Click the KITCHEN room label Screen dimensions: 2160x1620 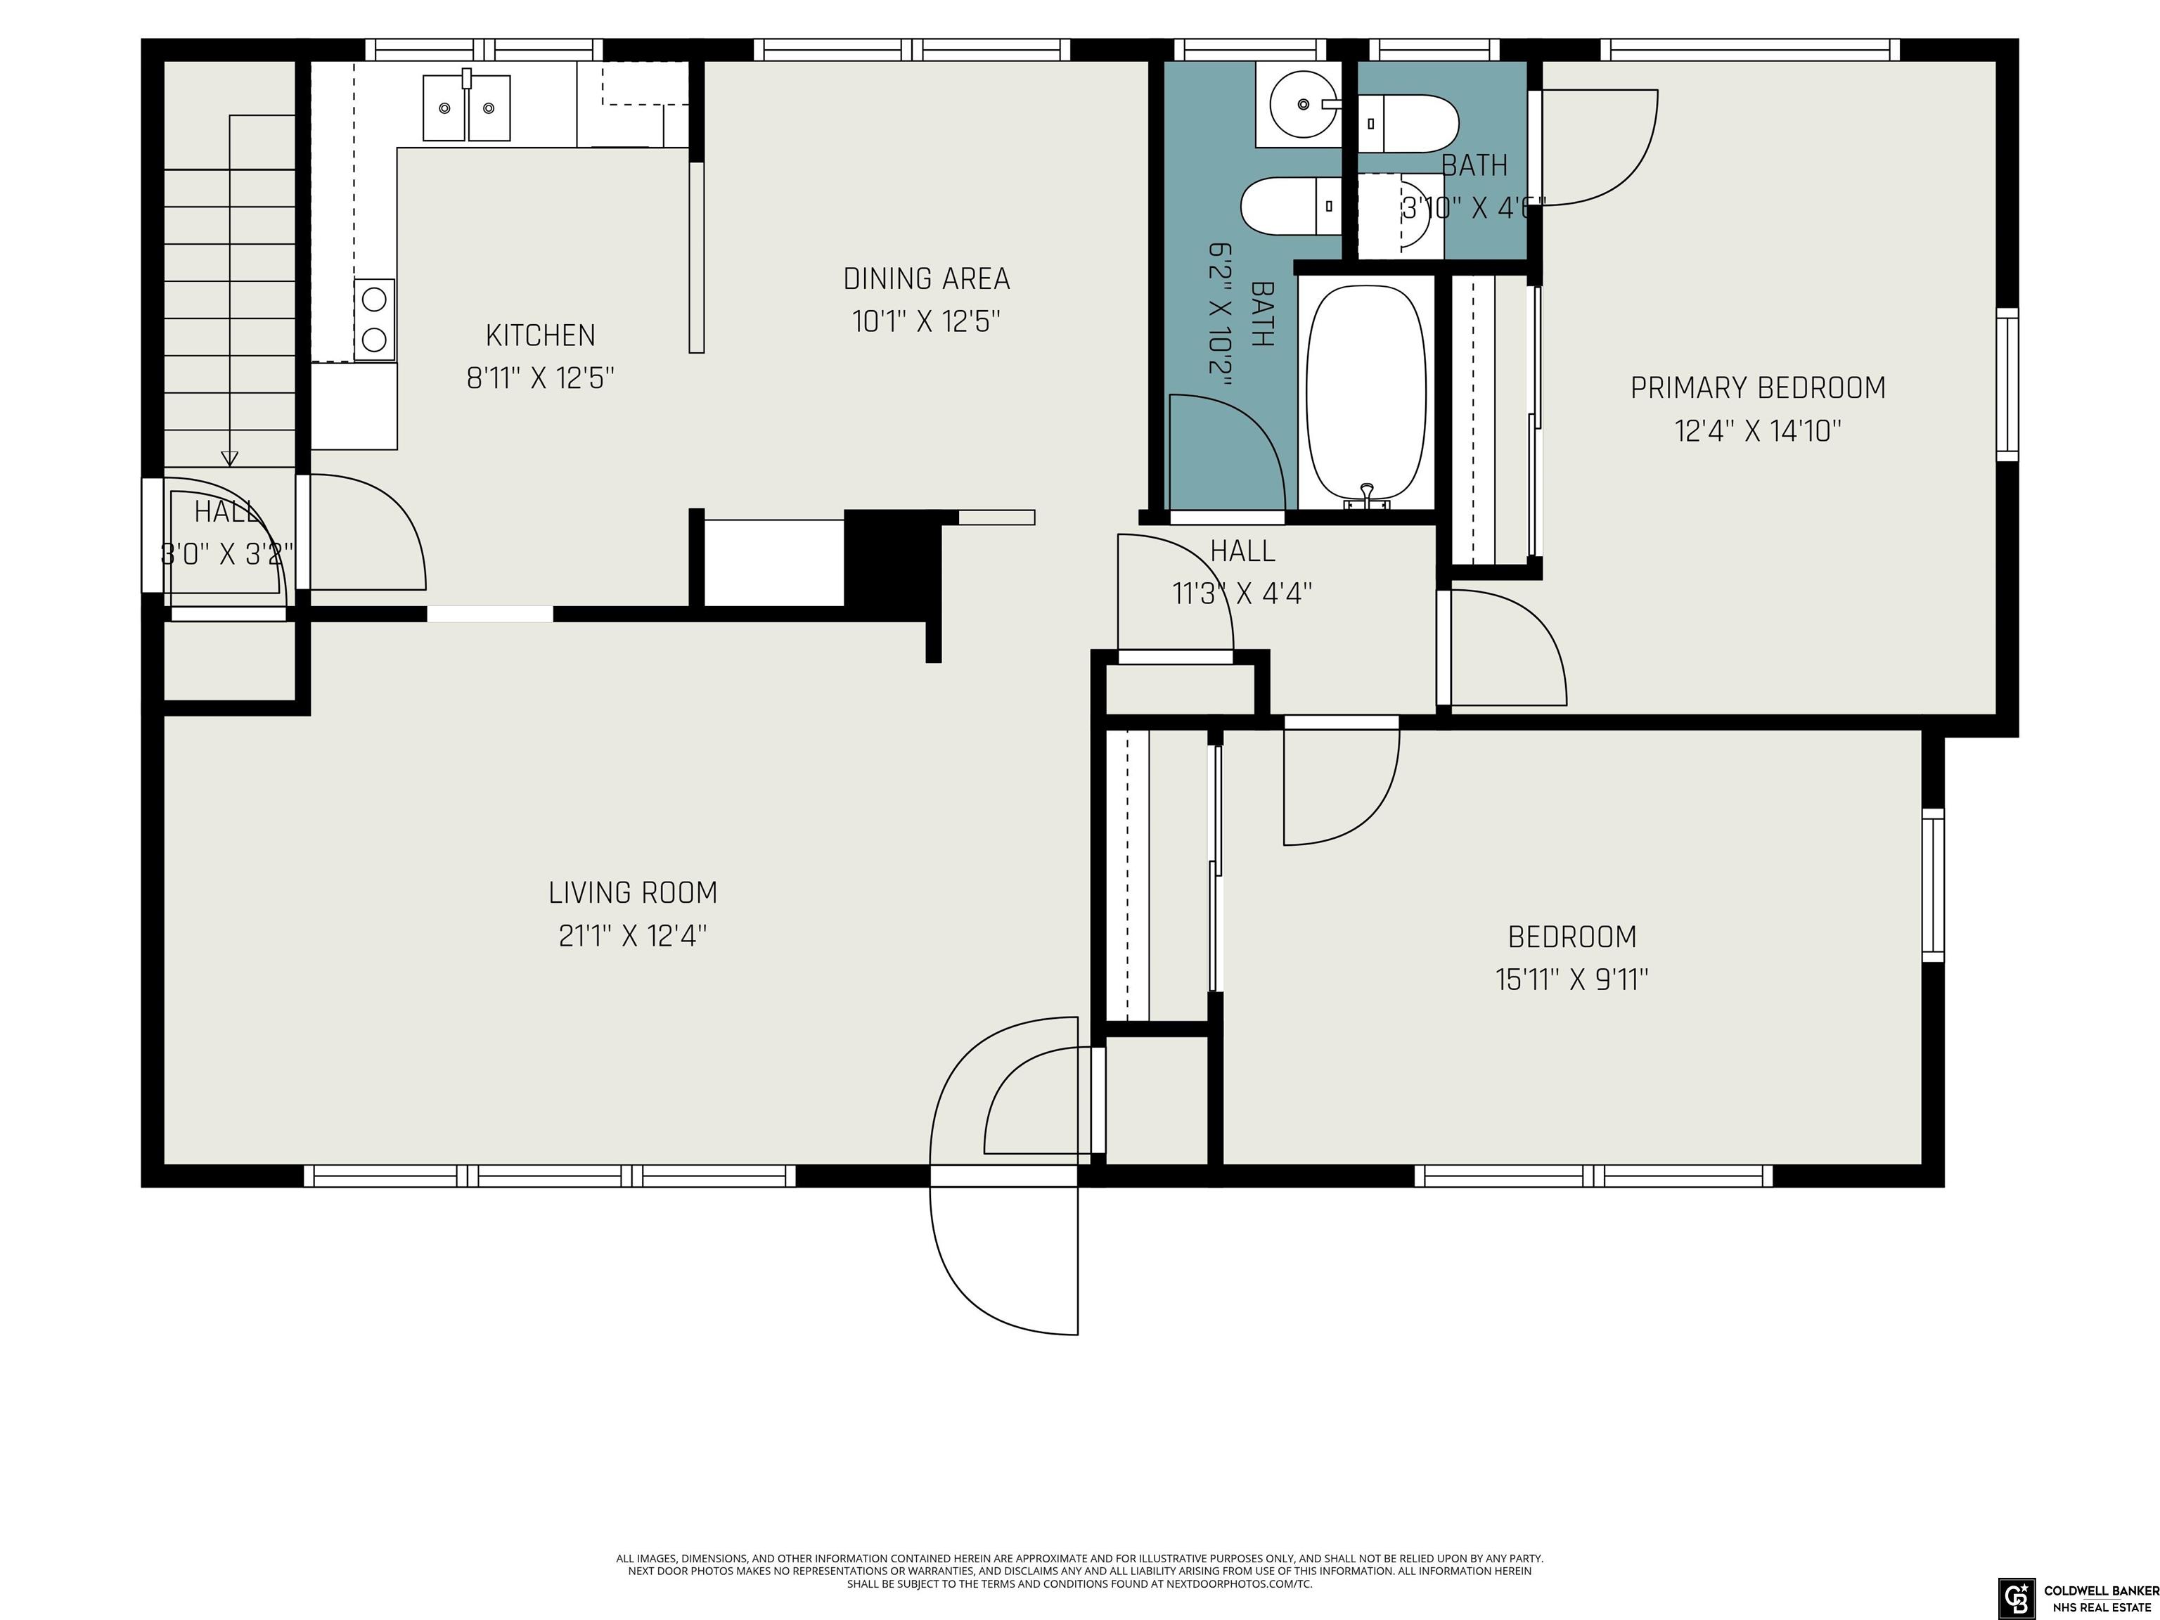(x=540, y=335)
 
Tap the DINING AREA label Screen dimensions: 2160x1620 (x=927, y=279)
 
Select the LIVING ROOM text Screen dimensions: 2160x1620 (x=633, y=892)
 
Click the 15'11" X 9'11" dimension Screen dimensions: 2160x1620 (x=1572, y=979)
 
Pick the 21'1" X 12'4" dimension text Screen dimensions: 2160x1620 (x=633, y=935)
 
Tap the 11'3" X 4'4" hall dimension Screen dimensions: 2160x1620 (x=1242, y=593)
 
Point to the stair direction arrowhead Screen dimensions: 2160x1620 (x=229, y=457)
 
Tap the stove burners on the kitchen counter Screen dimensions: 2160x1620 (x=374, y=319)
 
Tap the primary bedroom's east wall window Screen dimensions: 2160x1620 (x=2007, y=384)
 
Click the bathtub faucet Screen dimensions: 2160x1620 (x=1367, y=495)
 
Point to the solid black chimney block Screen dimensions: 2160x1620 (x=892, y=558)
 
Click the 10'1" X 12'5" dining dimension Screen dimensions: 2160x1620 (x=927, y=321)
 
